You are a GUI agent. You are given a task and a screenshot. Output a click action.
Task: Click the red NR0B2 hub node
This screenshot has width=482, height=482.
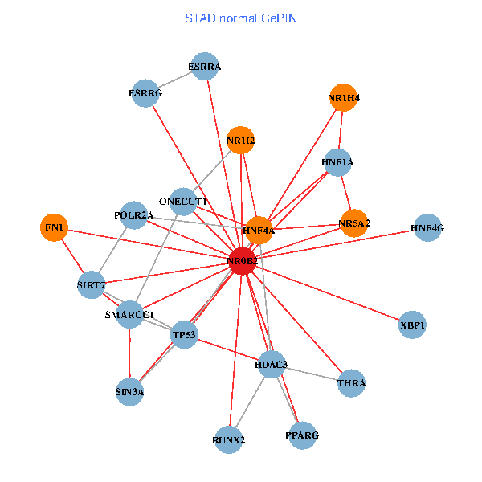242,262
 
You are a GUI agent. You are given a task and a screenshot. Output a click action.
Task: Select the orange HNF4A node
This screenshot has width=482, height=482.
259,230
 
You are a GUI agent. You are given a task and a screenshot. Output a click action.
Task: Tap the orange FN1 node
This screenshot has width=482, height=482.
54,227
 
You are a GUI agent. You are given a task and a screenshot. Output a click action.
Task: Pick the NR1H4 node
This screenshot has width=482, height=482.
343,98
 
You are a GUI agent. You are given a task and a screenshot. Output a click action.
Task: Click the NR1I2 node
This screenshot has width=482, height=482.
240,141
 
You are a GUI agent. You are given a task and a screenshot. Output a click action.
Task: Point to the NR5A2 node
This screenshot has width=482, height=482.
353,223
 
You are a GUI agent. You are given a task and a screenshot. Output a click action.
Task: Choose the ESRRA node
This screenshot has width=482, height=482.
206,66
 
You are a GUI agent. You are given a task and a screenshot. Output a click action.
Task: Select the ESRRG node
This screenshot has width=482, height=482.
145,93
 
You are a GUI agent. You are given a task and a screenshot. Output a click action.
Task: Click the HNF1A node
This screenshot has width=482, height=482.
337,162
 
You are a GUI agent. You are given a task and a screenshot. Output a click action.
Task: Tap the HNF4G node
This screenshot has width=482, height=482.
427,228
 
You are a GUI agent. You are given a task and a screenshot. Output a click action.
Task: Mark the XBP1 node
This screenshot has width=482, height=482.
412,325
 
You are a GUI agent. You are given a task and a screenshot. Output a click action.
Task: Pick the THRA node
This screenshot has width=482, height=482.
351,383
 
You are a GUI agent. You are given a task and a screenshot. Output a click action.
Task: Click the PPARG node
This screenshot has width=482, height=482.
302,435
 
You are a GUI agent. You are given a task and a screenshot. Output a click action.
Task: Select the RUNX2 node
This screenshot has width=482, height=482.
229,439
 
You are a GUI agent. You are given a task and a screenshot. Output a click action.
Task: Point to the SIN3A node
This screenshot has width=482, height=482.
129,392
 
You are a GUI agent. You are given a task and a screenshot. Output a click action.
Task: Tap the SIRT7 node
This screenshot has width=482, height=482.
92,284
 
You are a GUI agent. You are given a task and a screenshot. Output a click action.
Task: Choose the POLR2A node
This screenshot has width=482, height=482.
133,214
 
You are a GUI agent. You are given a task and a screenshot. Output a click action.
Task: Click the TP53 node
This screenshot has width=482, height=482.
184,334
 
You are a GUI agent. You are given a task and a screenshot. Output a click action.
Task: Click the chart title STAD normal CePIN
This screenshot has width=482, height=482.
241,18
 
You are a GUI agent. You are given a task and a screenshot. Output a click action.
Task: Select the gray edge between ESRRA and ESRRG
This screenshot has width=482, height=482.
175,80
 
